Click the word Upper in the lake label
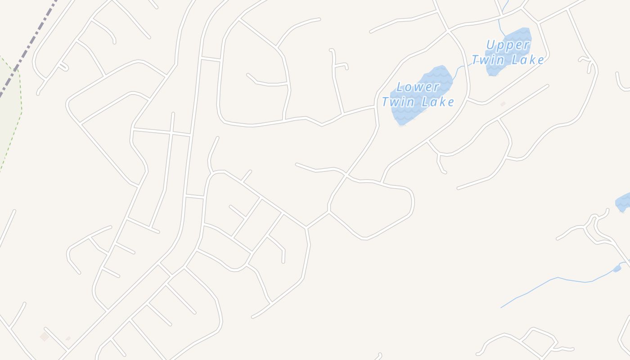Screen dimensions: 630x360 point(508,45)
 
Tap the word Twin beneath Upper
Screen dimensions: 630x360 point(488,60)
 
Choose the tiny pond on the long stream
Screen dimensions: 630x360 point(617,269)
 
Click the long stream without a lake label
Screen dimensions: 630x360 point(558,278)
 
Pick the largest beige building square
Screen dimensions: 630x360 point(44,337)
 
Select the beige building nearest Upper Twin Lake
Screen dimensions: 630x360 point(503,104)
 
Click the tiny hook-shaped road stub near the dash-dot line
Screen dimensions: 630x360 point(63,67)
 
